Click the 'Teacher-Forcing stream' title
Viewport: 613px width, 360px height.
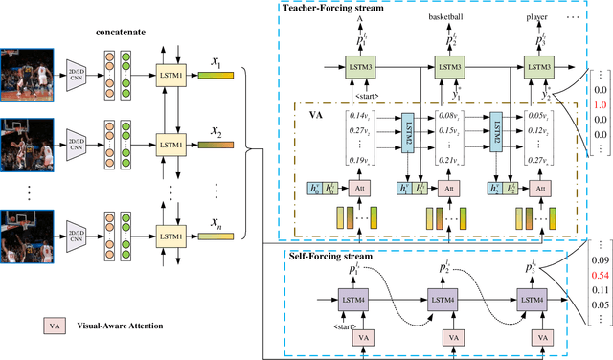(331, 9)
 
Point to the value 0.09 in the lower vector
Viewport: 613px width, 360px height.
(600, 259)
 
